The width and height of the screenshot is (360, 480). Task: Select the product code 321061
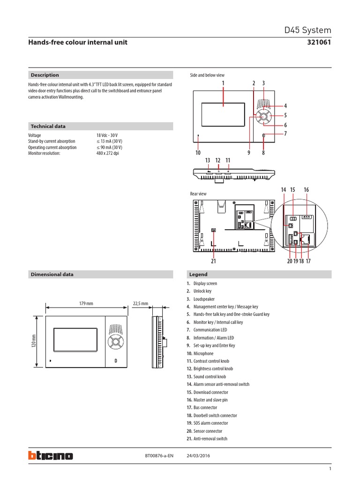319,42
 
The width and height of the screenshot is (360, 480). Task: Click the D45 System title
308,30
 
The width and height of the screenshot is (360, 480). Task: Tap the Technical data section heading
48,126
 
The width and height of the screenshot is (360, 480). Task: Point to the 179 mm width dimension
86,303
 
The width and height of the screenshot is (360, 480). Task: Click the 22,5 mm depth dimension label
141,303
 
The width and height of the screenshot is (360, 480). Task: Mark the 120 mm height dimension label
34,341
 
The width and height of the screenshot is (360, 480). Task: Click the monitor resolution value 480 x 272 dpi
108,153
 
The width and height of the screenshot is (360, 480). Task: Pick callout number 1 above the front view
223,83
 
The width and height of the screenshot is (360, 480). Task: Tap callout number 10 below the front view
198,153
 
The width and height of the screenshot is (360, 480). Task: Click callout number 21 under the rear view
213,261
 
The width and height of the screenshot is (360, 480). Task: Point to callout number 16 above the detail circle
306,189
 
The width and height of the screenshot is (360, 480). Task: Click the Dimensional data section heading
52,274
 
